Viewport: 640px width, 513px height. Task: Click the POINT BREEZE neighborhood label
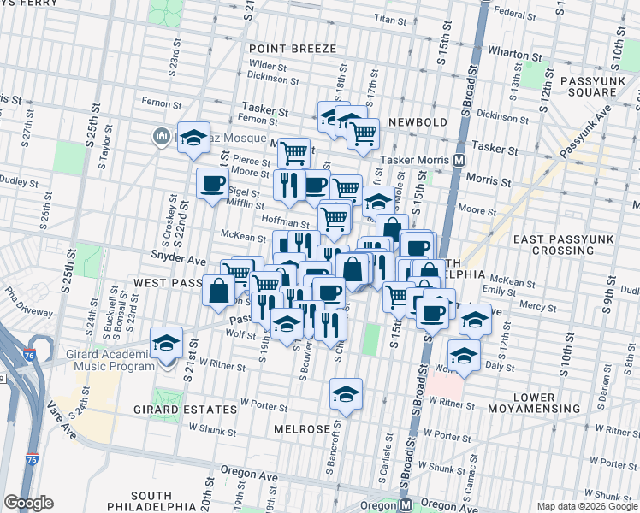pos(293,49)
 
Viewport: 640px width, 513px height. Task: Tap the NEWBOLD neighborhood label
pos(418,122)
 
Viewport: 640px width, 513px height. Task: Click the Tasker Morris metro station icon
pos(459,160)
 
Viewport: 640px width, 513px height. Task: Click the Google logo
pos(28,503)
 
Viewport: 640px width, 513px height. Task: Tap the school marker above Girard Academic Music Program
pos(166,344)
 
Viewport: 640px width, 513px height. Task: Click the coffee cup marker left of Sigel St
pos(212,183)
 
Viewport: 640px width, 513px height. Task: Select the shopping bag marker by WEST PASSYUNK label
pos(219,290)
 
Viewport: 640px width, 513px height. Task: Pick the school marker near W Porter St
pos(346,394)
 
